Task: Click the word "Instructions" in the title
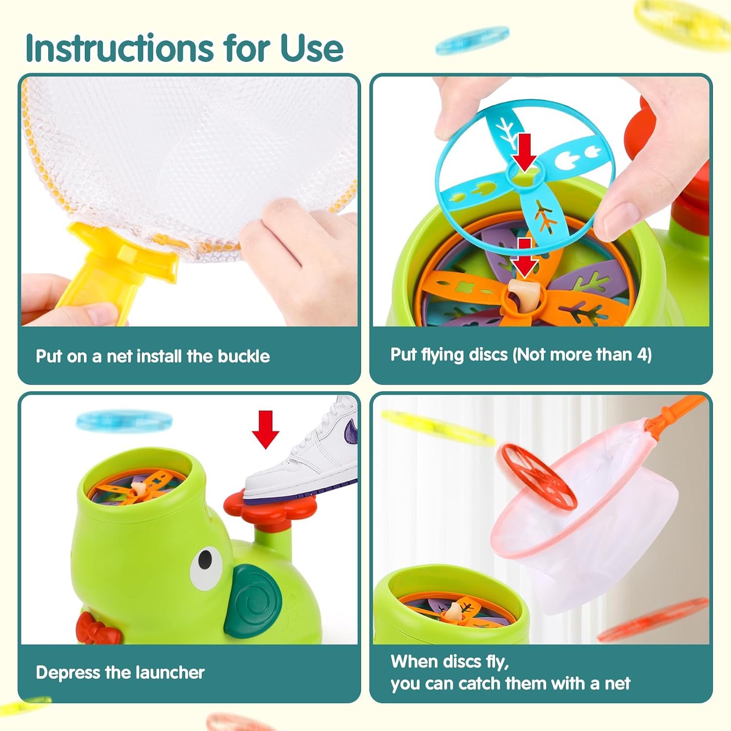click(120, 48)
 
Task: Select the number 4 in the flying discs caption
click(641, 354)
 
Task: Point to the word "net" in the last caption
click(617, 684)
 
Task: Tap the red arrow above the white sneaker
click(265, 429)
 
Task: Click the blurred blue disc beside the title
click(472, 40)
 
